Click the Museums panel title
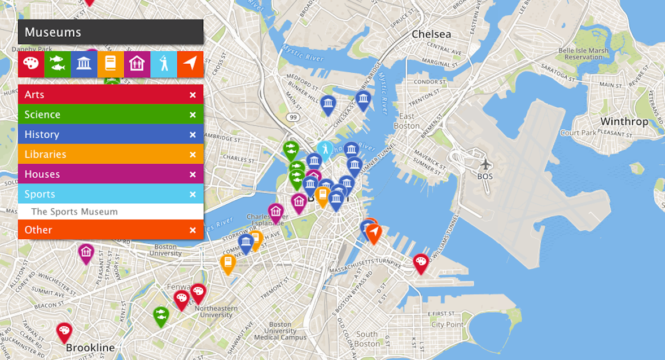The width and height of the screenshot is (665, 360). pyautogui.click(x=53, y=32)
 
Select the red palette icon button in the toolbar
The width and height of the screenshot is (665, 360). pyautogui.click(x=31, y=64)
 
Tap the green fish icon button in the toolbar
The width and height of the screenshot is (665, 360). pyautogui.click(x=58, y=64)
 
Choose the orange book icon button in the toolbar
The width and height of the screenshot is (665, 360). pyautogui.click(x=111, y=64)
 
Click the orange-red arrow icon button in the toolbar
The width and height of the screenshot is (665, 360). pyautogui.click(x=190, y=64)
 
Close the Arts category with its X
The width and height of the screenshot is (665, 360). pyautogui.click(x=193, y=95)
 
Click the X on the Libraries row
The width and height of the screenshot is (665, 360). pyautogui.click(x=193, y=155)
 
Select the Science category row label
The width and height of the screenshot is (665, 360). pyautogui.click(x=42, y=115)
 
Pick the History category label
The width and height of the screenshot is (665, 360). pyautogui.click(x=42, y=134)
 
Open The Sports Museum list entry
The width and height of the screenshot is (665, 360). pyautogui.click(x=75, y=212)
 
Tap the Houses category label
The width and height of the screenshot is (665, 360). pyautogui.click(x=42, y=174)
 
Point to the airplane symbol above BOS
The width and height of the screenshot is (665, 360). pyautogui.click(x=485, y=164)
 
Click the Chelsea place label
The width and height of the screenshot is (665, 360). pyautogui.click(x=431, y=34)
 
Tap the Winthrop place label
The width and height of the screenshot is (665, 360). pyautogui.click(x=624, y=121)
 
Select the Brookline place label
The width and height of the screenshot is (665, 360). pyautogui.click(x=90, y=348)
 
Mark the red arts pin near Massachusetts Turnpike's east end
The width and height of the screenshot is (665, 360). pyautogui.click(x=421, y=262)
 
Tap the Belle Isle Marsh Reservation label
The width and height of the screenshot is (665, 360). pyautogui.click(x=584, y=54)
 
